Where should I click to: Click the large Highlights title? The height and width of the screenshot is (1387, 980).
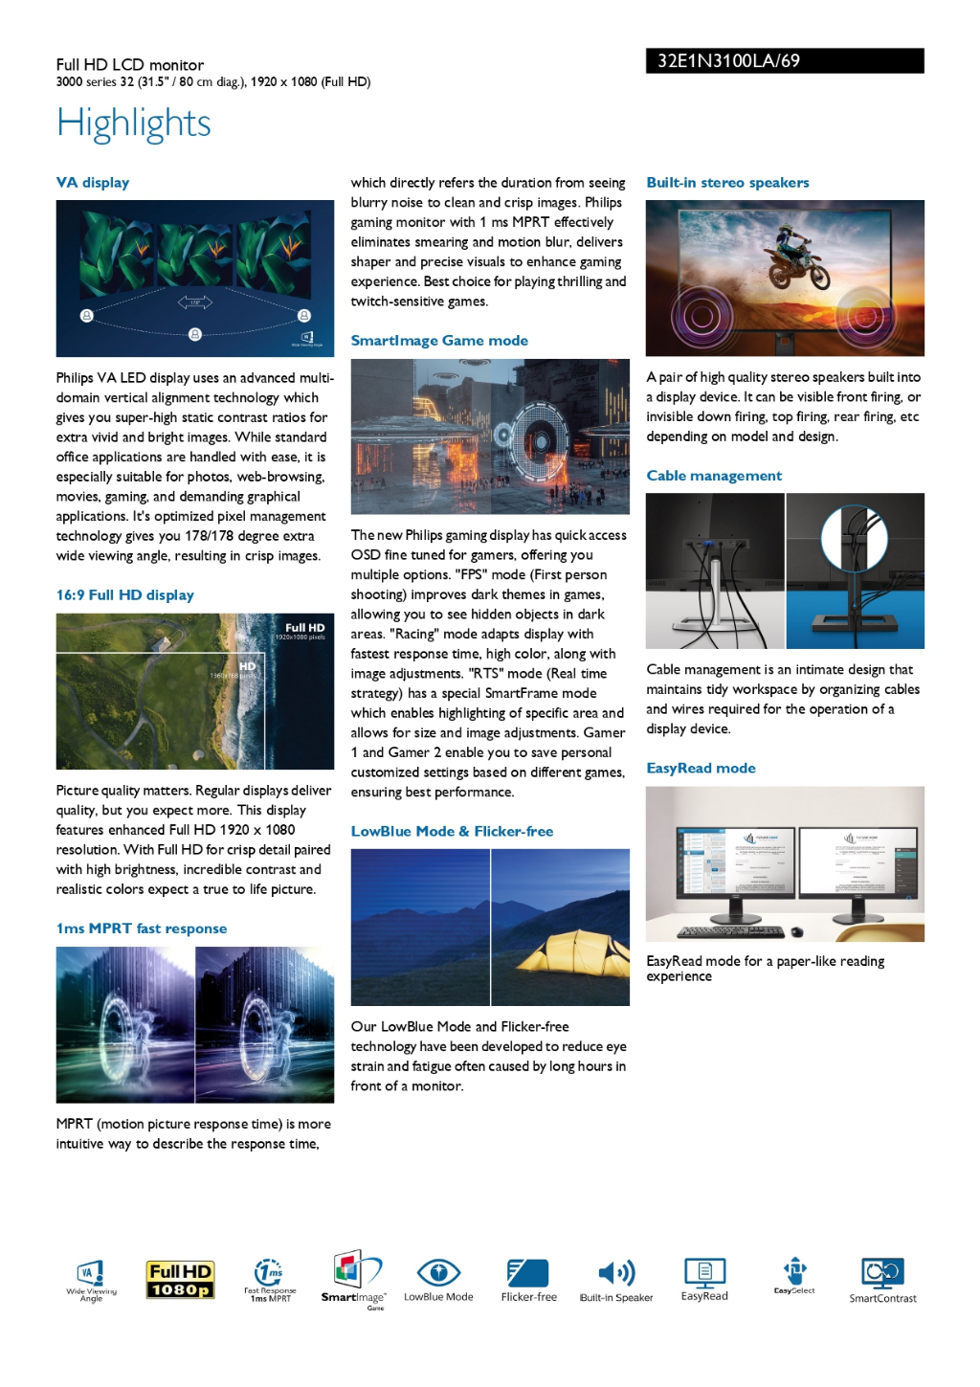click(133, 123)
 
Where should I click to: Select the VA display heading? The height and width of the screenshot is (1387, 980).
click(92, 183)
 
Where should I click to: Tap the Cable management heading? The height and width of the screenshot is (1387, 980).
click(713, 476)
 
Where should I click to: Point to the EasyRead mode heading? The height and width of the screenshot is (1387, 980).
click(701, 769)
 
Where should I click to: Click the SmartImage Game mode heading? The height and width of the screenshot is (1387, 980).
click(439, 341)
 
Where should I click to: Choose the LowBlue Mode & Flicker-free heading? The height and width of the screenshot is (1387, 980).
click(452, 832)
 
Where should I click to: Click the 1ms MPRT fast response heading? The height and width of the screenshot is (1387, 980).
click(142, 928)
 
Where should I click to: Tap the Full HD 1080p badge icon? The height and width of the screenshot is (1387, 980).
click(180, 1280)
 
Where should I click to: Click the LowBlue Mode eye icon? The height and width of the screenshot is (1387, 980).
click(438, 1273)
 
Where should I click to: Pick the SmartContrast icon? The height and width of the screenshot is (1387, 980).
click(882, 1273)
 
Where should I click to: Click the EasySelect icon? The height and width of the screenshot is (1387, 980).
click(794, 1271)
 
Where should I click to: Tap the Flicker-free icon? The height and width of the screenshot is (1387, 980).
click(528, 1273)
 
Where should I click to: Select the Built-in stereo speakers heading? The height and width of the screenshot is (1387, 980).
click(727, 183)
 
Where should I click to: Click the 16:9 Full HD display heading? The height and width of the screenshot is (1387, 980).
click(125, 595)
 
